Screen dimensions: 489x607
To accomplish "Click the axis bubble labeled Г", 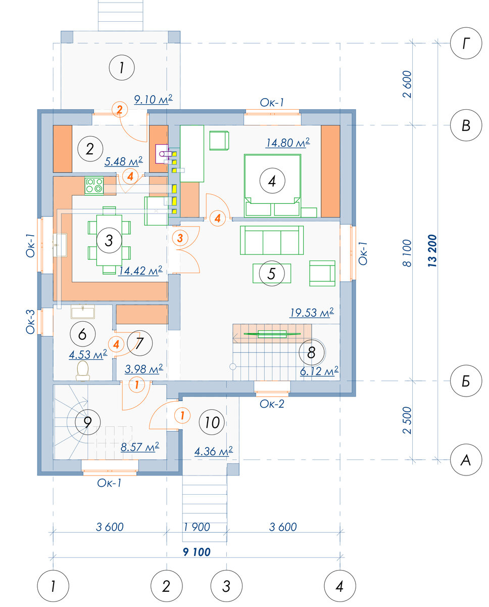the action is pyautogui.click(x=466, y=43).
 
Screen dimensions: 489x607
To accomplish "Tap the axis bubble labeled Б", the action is pyautogui.click(x=466, y=381).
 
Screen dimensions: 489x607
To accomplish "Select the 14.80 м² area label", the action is pyautogui.click(x=287, y=143).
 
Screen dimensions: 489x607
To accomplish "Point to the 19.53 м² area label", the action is pyautogui.click(x=312, y=313).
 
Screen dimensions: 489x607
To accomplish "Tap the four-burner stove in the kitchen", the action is pyautogui.click(x=94, y=186).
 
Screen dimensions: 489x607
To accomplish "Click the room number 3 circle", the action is pyautogui.click(x=109, y=240).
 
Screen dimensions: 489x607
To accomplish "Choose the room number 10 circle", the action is pyautogui.click(x=212, y=422).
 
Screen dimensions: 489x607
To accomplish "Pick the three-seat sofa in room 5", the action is pyautogui.click(x=272, y=240).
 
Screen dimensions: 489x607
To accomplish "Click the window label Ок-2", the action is pyautogui.click(x=272, y=404).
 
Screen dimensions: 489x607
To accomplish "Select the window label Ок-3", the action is pyautogui.click(x=30, y=322).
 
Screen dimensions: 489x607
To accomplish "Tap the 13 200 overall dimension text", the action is pyautogui.click(x=432, y=251).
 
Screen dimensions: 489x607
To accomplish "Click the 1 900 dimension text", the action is pyautogui.click(x=197, y=527).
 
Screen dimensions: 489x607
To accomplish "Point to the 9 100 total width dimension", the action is pyautogui.click(x=197, y=552).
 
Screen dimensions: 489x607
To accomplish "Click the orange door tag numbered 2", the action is pyautogui.click(x=120, y=109).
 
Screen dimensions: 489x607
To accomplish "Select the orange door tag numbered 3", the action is pyautogui.click(x=180, y=238).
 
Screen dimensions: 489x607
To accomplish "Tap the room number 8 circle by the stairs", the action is pyautogui.click(x=311, y=352).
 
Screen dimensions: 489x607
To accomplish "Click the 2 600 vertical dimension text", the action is pyautogui.click(x=407, y=84).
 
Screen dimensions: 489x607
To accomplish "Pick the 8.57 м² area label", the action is pyautogui.click(x=140, y=447).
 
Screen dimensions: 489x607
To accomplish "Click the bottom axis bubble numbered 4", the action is pyautogui.click(x=339, y=586).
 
